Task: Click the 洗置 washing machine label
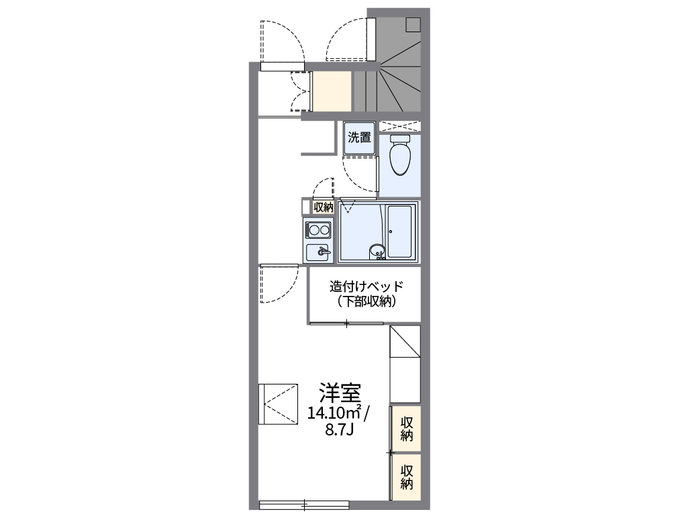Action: [359, 138]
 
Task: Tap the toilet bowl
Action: [400, 158]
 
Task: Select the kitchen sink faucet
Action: [323, 252]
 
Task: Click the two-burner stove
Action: [318, 230]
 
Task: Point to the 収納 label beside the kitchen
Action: [324, 207]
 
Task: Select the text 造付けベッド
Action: [365, 287]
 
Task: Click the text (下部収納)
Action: [367, 301]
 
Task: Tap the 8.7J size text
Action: [339, 430]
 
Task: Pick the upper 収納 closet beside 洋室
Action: [407, 429]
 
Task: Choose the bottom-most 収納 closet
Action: [407, 476]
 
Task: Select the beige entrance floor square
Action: [332, 91]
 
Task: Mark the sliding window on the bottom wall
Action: [303, 504]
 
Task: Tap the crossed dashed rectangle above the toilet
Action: [400, 126]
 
